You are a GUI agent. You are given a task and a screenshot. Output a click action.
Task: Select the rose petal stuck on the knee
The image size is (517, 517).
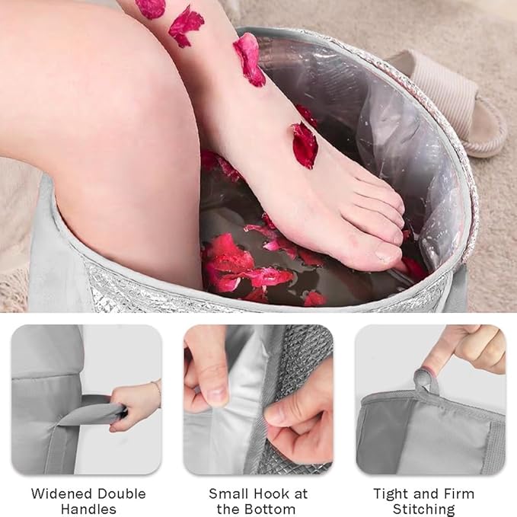pyautogui.click(x=152, y=8)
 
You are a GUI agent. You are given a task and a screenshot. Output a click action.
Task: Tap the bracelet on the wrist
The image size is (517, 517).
pyautogui.click(x=158, y=393)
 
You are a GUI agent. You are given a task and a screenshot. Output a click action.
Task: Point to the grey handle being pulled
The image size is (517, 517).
pyautogui.click(x=95, y=410)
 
